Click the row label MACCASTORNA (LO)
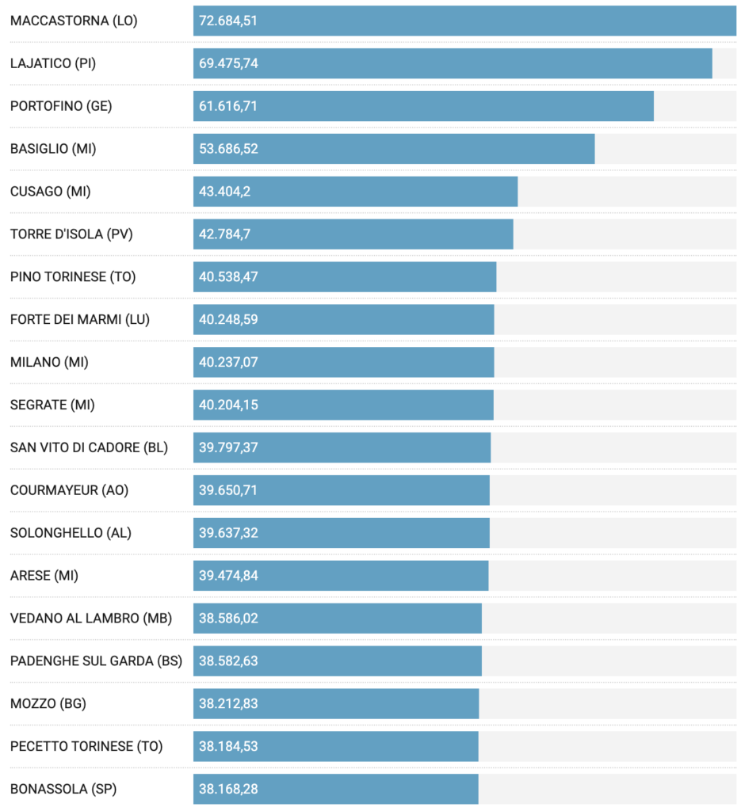[74, 21]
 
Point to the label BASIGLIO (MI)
[53, 149]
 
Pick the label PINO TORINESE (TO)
[72, 277]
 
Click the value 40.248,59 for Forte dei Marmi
[228, 320]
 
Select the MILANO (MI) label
[49, 363]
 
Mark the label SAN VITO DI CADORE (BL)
[89, 447]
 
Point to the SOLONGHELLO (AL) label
[71, 533]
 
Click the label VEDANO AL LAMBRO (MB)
[90, 619]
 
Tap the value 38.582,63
[228, 661]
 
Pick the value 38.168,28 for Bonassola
[228, 789]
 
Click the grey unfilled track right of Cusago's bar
[626, 192]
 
